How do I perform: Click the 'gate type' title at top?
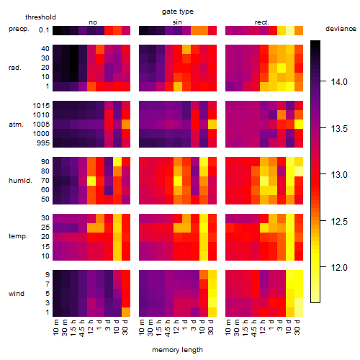click(x=178, y=12)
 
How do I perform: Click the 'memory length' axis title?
click(x=177, y=350)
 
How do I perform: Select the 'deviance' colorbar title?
click(x=341, y=29)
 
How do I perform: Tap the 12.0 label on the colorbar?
click(x=339, y=267)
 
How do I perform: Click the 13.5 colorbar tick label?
click(x=339, y=129)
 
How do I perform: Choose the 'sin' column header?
click(x=177, y=22)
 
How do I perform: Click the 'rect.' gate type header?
click(x=262, y=22)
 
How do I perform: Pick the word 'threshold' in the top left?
click(x=40, y=17)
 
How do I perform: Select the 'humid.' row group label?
click(x=20, y=181)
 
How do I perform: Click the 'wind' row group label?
click(x=17, y=294)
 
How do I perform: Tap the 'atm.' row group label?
click(x=16, y=125)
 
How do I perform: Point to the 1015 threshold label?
click(x=41, y=106)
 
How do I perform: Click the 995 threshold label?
click(x=43, y=143)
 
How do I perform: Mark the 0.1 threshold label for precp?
click(x=44, y=30)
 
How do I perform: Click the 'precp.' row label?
click(x=19, y=29)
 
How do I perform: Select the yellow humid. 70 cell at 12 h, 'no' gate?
click(x=91, y=181)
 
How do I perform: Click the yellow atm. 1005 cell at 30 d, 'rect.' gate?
click(x=299, y=125)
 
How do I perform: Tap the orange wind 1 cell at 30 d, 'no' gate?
click(x=126, y=312)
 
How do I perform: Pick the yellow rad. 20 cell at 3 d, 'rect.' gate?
click(x=282, y=68)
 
